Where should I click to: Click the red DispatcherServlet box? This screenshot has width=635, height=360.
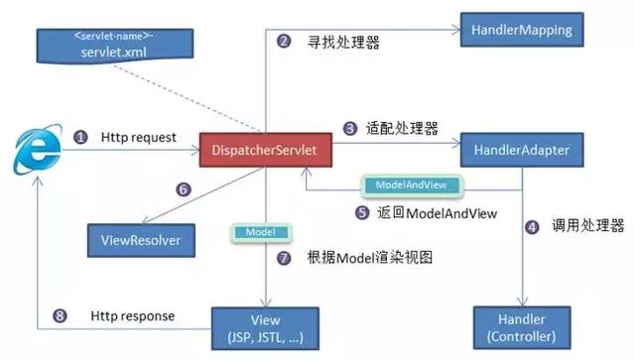tap(266, 151)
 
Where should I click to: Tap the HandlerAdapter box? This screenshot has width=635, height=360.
tap(523, 151)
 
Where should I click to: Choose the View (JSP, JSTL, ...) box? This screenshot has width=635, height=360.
tap(267, 326)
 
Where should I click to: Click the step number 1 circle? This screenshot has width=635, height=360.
tap(80, 138)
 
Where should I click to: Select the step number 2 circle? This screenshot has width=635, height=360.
tap(284, 42)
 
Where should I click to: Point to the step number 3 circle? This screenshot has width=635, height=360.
tap(350, 128)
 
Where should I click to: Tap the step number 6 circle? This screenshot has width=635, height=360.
tap(182, 189)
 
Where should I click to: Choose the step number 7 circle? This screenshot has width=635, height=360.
tap(285, 258)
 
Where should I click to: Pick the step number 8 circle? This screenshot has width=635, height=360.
tap(61, 316)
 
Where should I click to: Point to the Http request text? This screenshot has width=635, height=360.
tap(138, 138)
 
